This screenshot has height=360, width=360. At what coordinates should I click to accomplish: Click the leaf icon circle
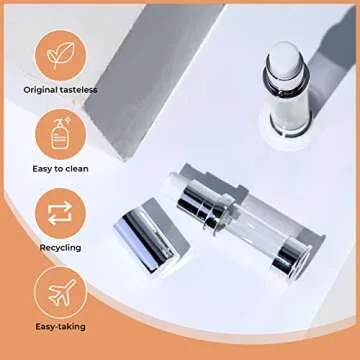(61, 55)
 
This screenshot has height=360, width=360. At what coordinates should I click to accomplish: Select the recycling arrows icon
(60, 213)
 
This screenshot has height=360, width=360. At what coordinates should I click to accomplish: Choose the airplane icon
(61, 292)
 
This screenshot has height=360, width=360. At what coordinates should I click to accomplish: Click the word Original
(40, 90)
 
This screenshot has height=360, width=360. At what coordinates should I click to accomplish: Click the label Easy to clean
(60, 169)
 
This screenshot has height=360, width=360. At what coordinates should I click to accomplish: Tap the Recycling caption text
(60, 248)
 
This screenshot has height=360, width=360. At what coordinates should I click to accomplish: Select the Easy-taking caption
(60, 326)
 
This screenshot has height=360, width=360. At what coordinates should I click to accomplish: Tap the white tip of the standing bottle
(284, 61)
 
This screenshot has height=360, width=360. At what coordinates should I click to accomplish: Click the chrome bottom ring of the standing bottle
(291, 128)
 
